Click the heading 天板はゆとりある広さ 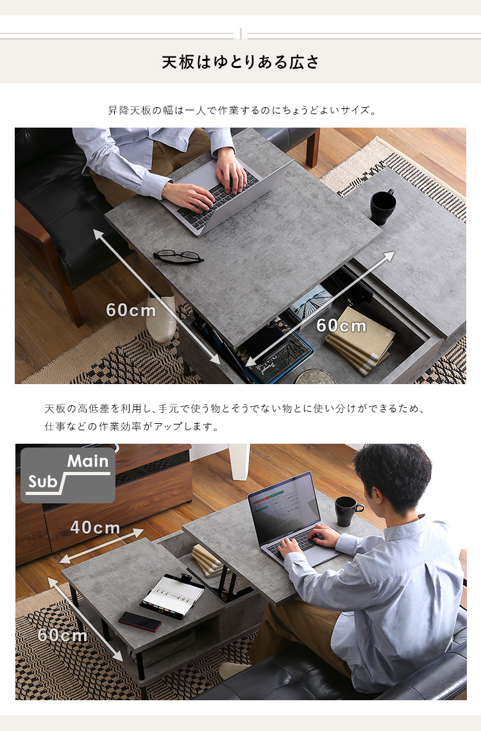(x=240, y=62)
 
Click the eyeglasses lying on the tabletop (x=178, y=256)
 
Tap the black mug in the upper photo (x=383, y=206)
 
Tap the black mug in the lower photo (x=348, y=511)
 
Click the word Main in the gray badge (x=88, y=461)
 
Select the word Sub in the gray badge (x=42, y=482)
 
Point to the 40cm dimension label (x=95, y=527)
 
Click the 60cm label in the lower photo (x=62, y=635)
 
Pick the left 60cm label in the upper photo (x=131, y=310)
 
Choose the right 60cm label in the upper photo (x=342, y=325)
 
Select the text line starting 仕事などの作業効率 (x=131, y=426)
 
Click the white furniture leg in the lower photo (x=239, y=461)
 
